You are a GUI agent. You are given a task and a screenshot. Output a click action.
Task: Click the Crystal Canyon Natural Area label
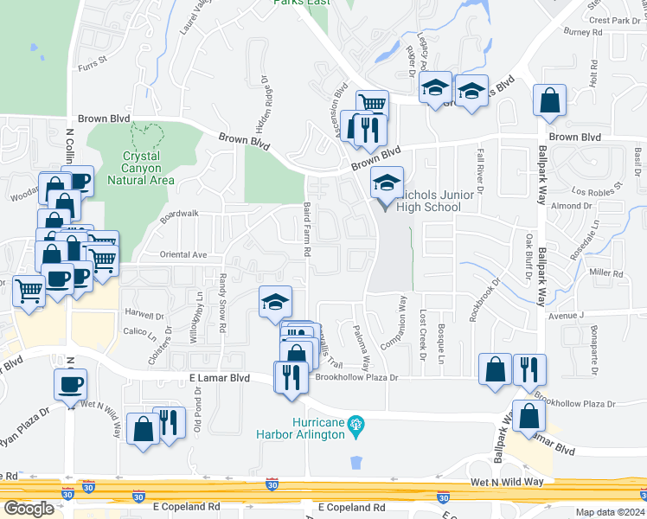pyautogui.click(x=141, y=168)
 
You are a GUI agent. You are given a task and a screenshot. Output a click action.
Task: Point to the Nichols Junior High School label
pyautogui.click(x=437, y=201)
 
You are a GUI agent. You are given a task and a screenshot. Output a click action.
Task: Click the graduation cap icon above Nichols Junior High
pyautogui.click(x=387, y=182)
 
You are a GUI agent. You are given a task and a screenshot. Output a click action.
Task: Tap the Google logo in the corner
pyautogui.click(x=28, y=509)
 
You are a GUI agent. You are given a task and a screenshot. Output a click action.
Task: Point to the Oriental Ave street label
pyautogui.click(x=183, y=255)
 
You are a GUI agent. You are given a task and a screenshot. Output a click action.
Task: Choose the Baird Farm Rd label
pyautogui.click(x=307, y=229)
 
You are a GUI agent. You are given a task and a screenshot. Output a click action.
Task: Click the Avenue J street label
pyautogui.click(x=567, y=317)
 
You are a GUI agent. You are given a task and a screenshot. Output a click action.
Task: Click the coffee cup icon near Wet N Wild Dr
pyautogui.click(x=70, y=383)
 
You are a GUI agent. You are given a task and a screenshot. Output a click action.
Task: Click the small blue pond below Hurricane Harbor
pyautogui.click(x=356, y=462)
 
